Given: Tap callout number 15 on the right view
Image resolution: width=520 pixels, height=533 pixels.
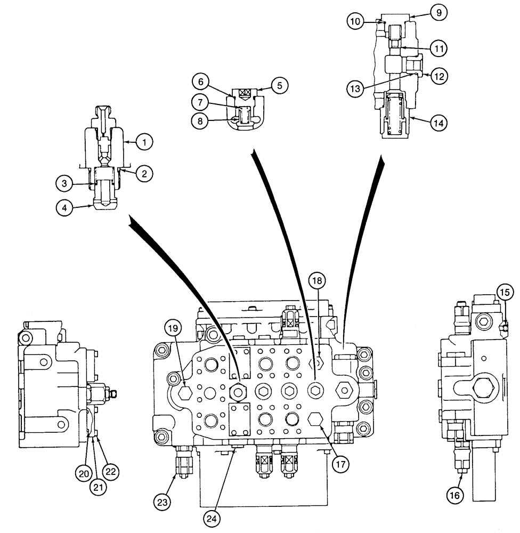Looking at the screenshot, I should tap(505, 292).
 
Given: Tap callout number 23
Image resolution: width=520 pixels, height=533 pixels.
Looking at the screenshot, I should tap(162, 500).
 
